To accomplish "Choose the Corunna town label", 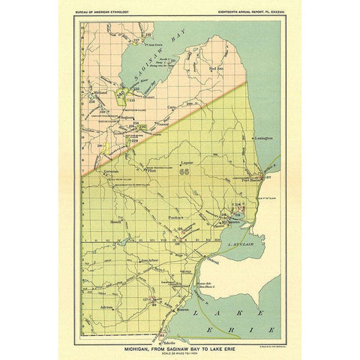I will [111, 172].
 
